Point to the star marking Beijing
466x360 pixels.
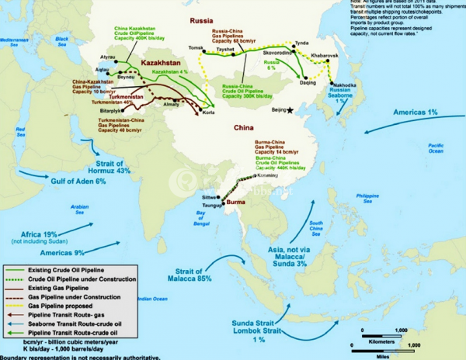click(290, 111)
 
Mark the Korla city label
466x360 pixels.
click(209, 113)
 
